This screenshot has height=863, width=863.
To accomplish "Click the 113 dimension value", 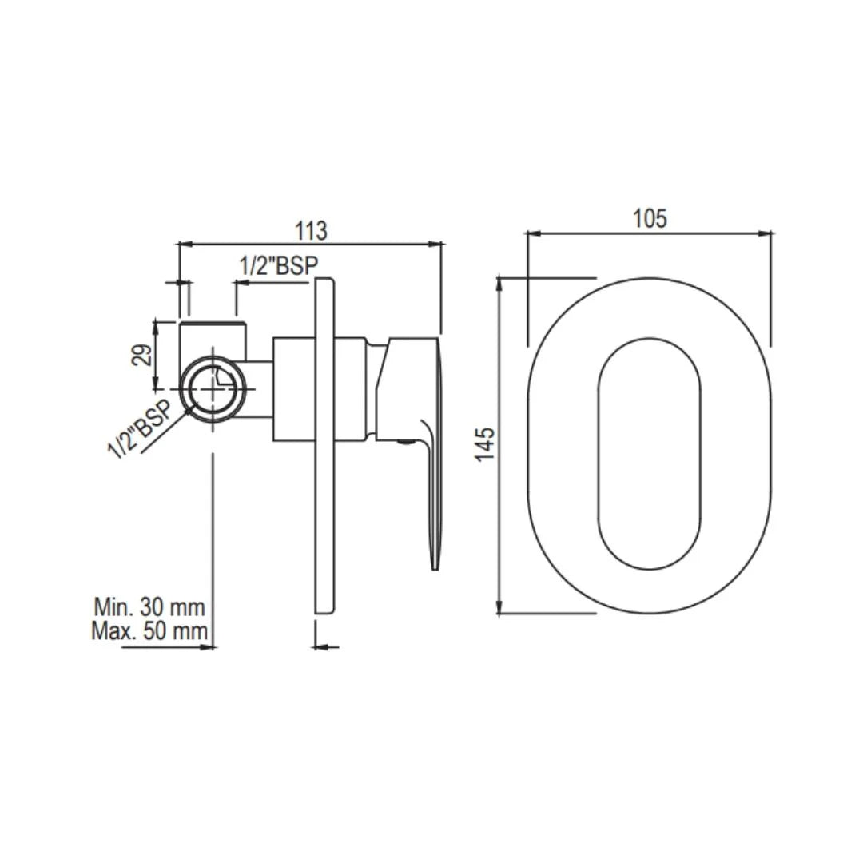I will (x=311, y=231).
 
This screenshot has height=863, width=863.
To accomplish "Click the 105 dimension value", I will (x=650, y=219).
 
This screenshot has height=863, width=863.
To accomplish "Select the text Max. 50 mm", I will (x=149, y=631).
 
